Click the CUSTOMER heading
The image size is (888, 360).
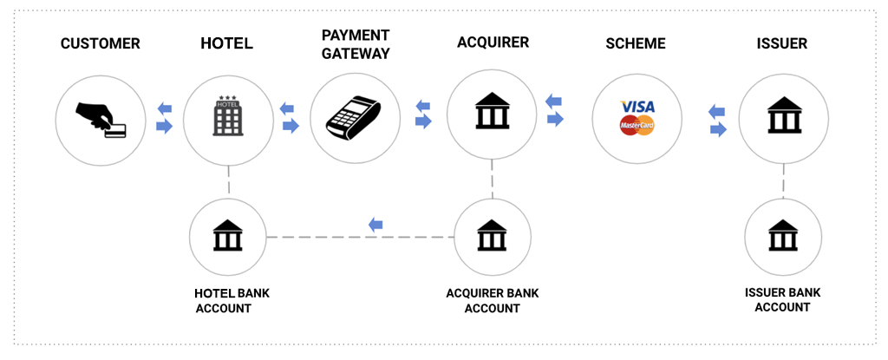pos(100,44)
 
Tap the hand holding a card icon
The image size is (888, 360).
pos(101,120)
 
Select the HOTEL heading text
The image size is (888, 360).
pos(226,44)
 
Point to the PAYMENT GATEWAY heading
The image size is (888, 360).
pos(356,44)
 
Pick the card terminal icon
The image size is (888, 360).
pos(356,118)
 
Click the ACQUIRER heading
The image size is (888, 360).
pos(493,42)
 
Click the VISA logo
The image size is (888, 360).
pos(638,107)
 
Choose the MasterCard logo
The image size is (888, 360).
pos(637,127)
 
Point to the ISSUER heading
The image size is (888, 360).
pos(782,44)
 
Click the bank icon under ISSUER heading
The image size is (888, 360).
pos(783,116)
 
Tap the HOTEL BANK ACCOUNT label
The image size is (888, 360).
pos(232,300)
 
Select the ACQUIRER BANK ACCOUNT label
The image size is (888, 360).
pos(492,300)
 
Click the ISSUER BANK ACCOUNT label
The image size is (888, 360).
pos(782,299)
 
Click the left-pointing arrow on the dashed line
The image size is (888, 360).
pos(375,225)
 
